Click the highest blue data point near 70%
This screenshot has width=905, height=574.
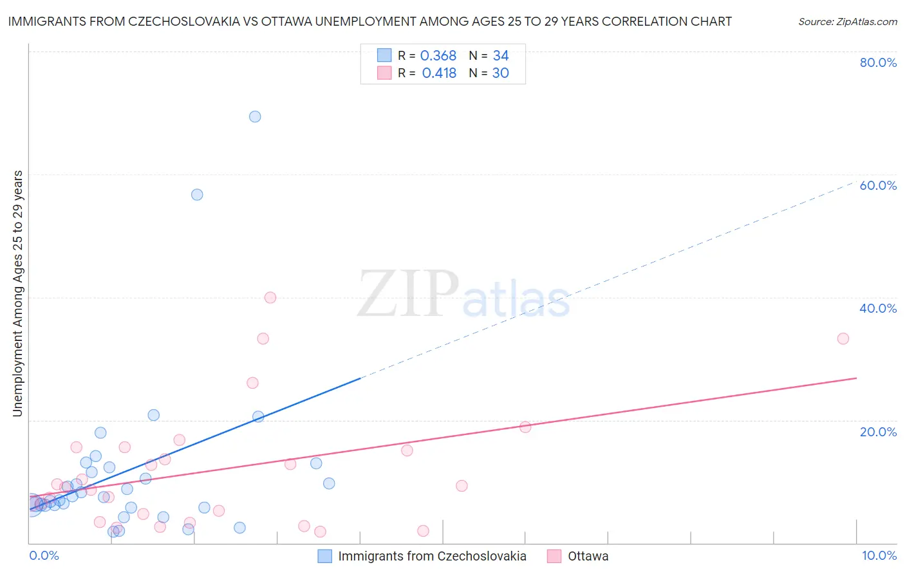[x=255, y=116]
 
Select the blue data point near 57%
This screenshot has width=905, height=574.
[x=197, y=194]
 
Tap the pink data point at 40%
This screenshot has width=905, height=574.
[x=270, y=297]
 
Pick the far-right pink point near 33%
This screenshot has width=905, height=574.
[x=843, y=338]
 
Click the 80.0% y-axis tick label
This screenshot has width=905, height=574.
[x=878, y=62]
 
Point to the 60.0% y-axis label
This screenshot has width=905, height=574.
[x=878, y=185]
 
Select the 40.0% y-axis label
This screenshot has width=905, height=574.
[x=878, y=308]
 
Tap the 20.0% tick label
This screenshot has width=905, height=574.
[x=878, y=432]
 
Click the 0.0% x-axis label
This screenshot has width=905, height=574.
[x=44, y=555]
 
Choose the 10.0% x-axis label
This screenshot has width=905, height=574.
[x=879, y=555]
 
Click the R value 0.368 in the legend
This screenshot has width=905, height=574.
[x=438, y=56]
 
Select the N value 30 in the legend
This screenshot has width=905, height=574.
[x=501, y=73]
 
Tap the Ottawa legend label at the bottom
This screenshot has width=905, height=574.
[x=588, y=556]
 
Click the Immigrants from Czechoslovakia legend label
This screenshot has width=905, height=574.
[x=432, y=556]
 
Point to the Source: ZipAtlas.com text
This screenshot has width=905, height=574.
[x=847, y=22]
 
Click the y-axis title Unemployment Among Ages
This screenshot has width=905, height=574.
[x=18, y=293]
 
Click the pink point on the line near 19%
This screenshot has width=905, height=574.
[x=525, y=427]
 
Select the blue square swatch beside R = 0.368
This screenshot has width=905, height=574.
[x=384, y=55]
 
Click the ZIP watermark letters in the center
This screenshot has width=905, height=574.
[x=408, y=293]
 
